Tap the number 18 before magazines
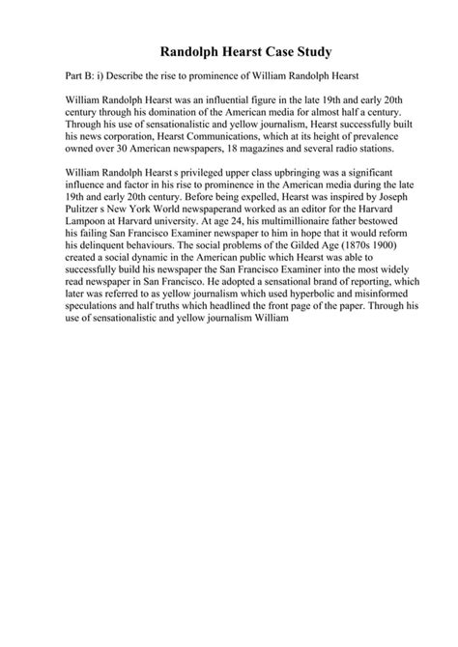261,149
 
